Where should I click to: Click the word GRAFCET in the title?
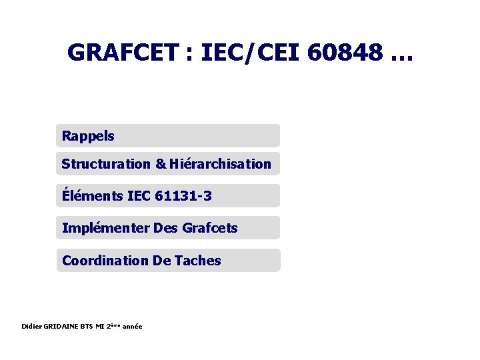coord(124,53)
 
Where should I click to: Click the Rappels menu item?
coord(88,137)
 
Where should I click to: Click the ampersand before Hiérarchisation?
coord(161,164)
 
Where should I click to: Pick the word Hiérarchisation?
coord(221,164)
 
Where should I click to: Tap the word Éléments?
coord(92,196)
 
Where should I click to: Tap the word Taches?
coord(197,261)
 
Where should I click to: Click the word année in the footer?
coord(131,326)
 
